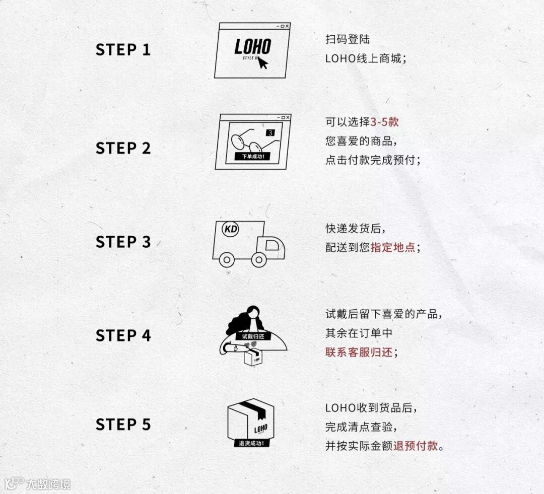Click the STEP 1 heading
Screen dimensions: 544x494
[x=123, y=50]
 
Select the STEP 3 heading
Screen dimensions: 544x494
[x=123, y=242]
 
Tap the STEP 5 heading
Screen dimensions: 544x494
[x=123, y=425]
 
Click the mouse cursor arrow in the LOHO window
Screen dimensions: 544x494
[x=262, y=63]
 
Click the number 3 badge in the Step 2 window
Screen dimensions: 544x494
[x=270, y=132]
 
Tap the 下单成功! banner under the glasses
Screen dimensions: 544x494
[x=253, y=157]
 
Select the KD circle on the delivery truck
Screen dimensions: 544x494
[x=230, y=229]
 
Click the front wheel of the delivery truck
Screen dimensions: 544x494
[x=259, y=259]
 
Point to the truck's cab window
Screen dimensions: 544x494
[x=272, y=245]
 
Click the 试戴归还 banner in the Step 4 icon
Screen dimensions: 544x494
[x=253, y=336]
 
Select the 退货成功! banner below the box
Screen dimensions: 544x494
[x=251, y=443]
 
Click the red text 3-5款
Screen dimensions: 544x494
[x=384, y=122]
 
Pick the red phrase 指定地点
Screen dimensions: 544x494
[x=393, y=247]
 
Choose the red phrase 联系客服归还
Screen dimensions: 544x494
[x=359, y=352]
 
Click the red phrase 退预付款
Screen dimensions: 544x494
[x=415, y=446]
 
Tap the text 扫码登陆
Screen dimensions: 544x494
[x=347, y=39]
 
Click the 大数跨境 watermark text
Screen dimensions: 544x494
[x=48, y=484]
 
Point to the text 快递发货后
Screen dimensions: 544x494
[x=353, y=229]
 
